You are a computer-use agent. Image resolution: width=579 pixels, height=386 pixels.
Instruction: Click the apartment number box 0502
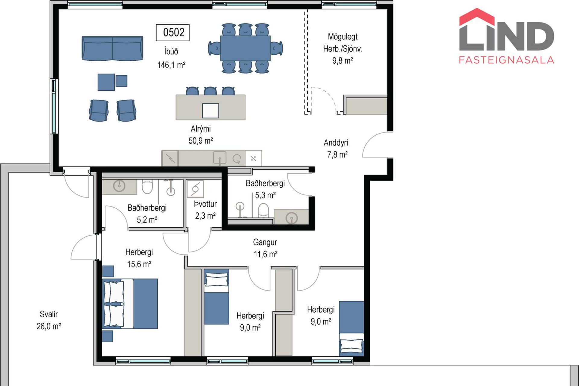coord(172,32)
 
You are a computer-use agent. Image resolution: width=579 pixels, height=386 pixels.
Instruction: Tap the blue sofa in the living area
coord(112,48)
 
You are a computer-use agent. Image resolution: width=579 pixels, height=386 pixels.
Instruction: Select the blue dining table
coord(245,48)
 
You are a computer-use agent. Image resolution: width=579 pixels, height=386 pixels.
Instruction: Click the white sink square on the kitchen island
coord(210,111)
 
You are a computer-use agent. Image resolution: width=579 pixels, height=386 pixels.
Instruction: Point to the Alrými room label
coord(201,129)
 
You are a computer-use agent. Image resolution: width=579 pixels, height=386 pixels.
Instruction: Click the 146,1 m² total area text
coord(171,65)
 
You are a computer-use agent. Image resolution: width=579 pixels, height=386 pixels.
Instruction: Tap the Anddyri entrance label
coord(336,143)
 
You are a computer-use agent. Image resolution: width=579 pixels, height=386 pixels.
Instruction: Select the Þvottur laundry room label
coord(205,204)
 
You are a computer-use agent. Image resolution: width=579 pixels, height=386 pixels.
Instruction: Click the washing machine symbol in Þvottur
coord(195,189)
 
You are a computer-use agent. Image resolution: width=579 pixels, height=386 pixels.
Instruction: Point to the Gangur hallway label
coord(265,242)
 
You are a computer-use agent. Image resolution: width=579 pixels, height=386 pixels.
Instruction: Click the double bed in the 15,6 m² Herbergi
coord(130,303)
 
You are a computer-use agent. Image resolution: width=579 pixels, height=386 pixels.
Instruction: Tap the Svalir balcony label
coord(49,314)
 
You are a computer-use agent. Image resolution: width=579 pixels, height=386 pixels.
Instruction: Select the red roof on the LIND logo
coord(477,17)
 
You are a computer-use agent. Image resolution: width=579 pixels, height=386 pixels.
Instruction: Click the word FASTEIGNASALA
coord(506,60)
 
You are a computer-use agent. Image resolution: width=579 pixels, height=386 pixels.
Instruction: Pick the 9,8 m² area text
coord(343,61)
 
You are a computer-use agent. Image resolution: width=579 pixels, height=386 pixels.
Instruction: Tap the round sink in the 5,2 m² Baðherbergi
coord(119,186)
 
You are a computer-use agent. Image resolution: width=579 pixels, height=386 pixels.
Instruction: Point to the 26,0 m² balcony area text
coord(49,326)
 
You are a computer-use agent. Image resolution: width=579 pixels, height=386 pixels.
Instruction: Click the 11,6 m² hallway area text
coord(265,254)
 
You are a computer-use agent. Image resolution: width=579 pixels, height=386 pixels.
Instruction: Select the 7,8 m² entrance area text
coord(337,155)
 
